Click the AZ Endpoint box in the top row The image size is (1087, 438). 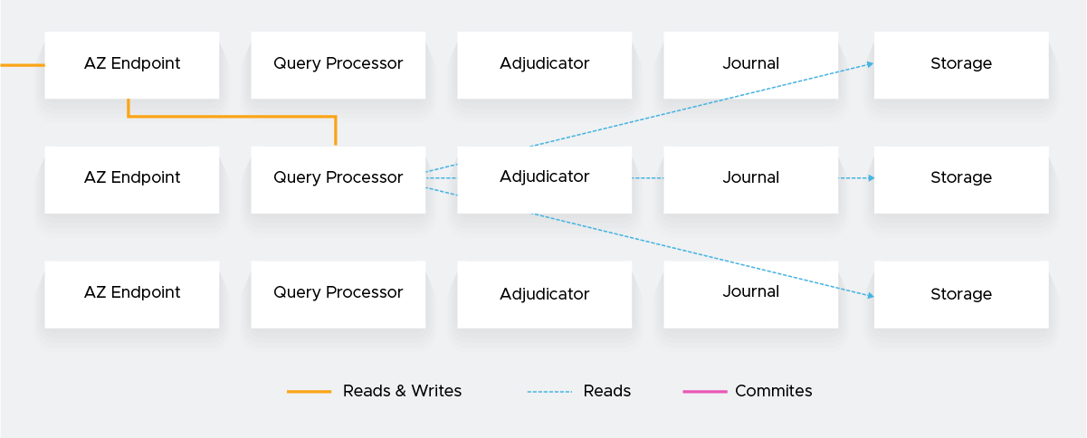tap(132, 64)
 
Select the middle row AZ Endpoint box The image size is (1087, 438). tap(132, 179)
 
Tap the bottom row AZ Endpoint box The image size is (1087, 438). tap(132, 294)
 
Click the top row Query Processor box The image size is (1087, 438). tap(338, 64)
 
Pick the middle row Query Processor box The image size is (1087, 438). tap(338, 179)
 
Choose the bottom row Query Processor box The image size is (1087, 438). tap(338, 294)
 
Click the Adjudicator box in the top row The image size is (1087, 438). tap(545, 64)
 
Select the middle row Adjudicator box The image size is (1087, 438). tap(545, 179)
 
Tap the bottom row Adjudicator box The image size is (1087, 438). tap(545, 294)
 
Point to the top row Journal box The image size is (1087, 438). tap(751, 64)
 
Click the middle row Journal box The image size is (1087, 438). tap(751, 179)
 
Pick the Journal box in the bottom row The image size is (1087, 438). tap(751, 294)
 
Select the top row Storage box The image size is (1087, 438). tap(961, 64)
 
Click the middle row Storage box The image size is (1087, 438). tap(961, 179)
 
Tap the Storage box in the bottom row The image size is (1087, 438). tap(961, 294)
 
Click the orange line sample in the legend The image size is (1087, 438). tap(310, 392)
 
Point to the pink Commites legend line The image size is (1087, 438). tap(705, 392)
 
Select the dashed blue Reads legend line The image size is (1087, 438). tap(550, 392)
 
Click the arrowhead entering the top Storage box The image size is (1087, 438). tap(870, 64)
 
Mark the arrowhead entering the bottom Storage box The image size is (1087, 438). tap(870, 296)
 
